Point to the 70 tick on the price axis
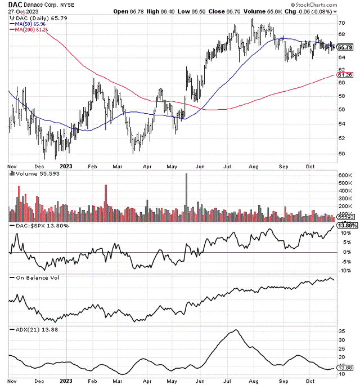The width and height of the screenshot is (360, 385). pyautogui.click(x=341, y=23)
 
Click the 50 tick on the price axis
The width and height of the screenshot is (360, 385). pyautogui.click(x=341, y=153)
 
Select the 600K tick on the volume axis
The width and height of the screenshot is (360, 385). pyautogui.click(x=345, y=175)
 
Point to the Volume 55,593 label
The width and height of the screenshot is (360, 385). pyautogui.click(x=34, y=174)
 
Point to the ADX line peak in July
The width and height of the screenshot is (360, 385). pyautogui.click(x=236, y=330)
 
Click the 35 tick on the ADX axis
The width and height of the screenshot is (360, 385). pyautogui.click(x=341, y=331)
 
